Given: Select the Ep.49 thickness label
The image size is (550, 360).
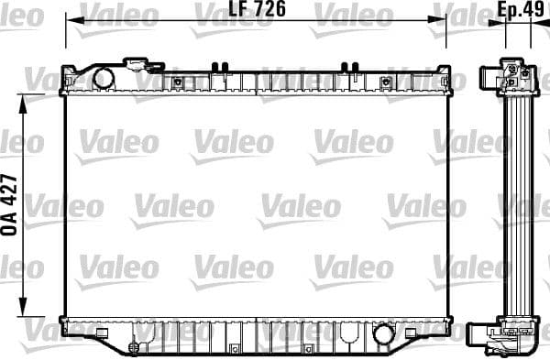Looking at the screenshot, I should (x=517, y=12).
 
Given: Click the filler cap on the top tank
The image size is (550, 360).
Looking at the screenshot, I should (x=139, y=65).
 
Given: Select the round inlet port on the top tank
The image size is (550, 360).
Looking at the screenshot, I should (x=103, y=78).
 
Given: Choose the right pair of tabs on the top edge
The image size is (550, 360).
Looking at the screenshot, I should (x=348, y=66).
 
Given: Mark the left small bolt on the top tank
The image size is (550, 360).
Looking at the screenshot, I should (x=177, y=82).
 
